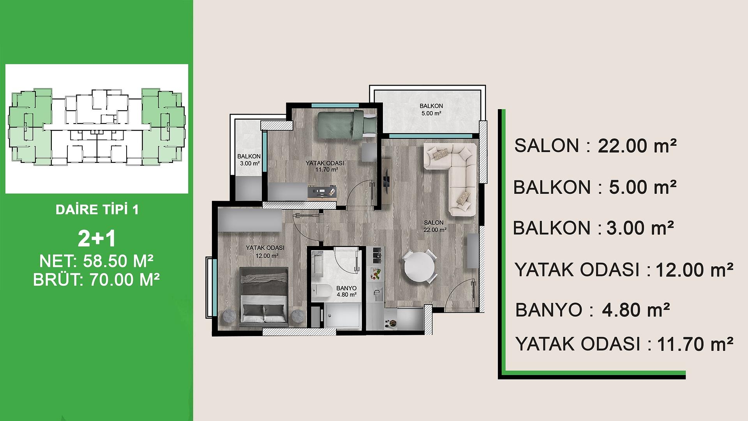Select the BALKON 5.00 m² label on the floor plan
coord(431,110)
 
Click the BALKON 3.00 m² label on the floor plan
coord(249,160)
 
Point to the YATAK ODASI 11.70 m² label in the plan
coord(321,166)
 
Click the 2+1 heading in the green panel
coord(97,239)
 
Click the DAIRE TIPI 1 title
coord(97,210)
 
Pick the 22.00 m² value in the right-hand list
coord(637,146)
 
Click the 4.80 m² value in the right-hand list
coord(635,310)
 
